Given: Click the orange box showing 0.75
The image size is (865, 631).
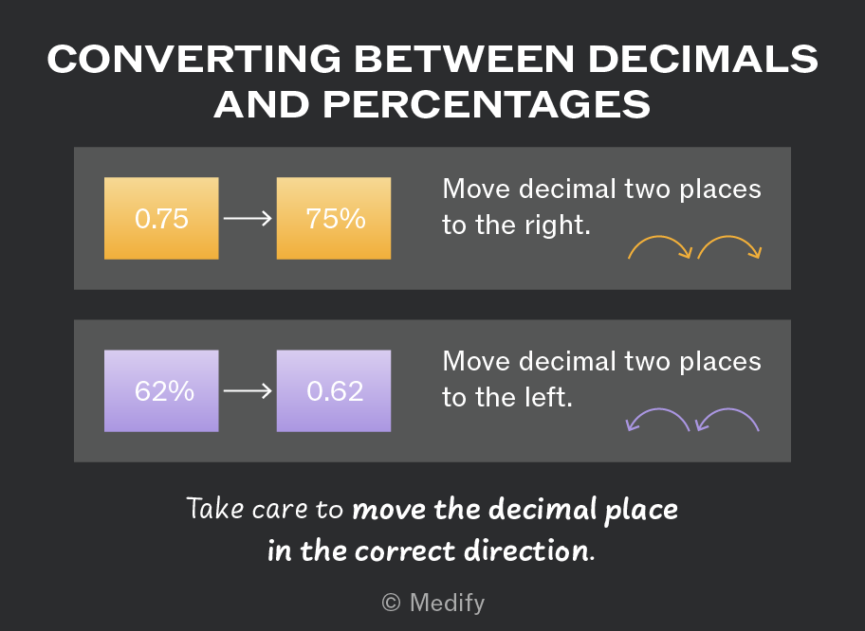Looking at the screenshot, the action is point(161,218).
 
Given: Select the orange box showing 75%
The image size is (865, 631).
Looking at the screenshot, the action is point(334,218).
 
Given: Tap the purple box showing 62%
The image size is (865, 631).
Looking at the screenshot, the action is point(161,390).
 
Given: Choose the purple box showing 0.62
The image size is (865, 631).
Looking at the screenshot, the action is point(334,390).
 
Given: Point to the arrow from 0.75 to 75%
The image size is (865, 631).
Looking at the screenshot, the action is point(248,218).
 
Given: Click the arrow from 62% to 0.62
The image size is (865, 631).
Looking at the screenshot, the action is point(248,390).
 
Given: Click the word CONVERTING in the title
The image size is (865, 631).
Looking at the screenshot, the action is point(194,59).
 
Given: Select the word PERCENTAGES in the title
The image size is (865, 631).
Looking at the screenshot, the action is point(487,104).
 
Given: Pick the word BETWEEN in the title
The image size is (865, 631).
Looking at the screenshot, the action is point(465,59).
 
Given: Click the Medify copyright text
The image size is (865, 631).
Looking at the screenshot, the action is point(433,603).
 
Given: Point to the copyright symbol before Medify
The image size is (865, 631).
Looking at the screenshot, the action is point(391,603).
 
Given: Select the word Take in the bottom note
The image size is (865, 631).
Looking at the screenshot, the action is point(215,508).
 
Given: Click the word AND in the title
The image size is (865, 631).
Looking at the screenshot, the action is point(262,104).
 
